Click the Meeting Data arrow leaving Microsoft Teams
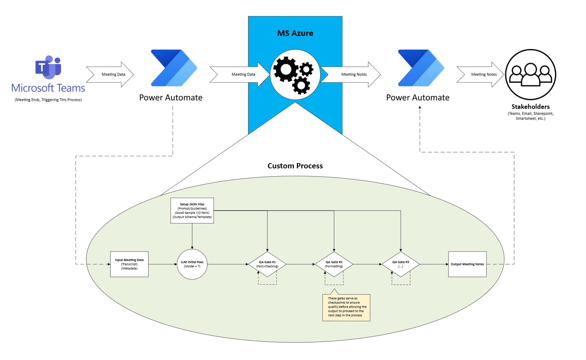[111, 74]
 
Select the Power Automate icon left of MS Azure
[174, 68]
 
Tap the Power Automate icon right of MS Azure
[421, 68]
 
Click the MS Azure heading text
[295, 33]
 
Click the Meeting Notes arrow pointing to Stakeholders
[481, 74]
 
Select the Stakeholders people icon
[530, 74]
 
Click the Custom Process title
[295, 166]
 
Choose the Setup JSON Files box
[192, 211]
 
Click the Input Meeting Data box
[129, 264]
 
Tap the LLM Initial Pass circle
[192, 264]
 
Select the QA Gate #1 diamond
[267, 264]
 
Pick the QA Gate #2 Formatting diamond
[334, 264]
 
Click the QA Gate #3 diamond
[401, 264]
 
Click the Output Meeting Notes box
[467, 264]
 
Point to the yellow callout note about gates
[346, 307]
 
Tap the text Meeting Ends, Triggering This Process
[48, 100]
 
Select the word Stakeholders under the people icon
[530, 107]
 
